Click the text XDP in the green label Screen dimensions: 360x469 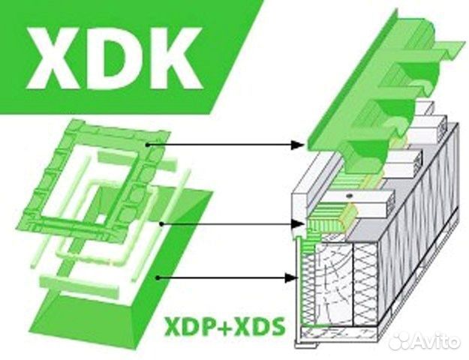click(189, 328)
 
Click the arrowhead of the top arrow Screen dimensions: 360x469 click(302, 143)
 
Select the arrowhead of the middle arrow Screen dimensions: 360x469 click(300, 223)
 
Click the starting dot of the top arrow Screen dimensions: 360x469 click(148, 143)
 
